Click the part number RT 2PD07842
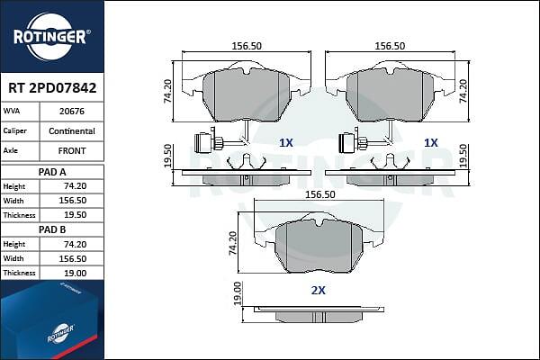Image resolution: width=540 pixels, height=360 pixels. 52,88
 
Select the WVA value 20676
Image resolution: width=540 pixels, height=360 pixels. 72,112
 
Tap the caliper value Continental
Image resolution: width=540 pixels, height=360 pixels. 72,130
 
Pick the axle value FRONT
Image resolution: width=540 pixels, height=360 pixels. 72,150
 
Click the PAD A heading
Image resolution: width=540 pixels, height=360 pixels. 52,172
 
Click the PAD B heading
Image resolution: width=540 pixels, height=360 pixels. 52,229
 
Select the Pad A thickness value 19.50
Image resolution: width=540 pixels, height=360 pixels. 76,215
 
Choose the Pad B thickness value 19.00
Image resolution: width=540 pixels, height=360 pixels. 76,274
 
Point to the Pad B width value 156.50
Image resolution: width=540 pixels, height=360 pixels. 73,258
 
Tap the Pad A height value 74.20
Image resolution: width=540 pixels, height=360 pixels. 76,186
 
